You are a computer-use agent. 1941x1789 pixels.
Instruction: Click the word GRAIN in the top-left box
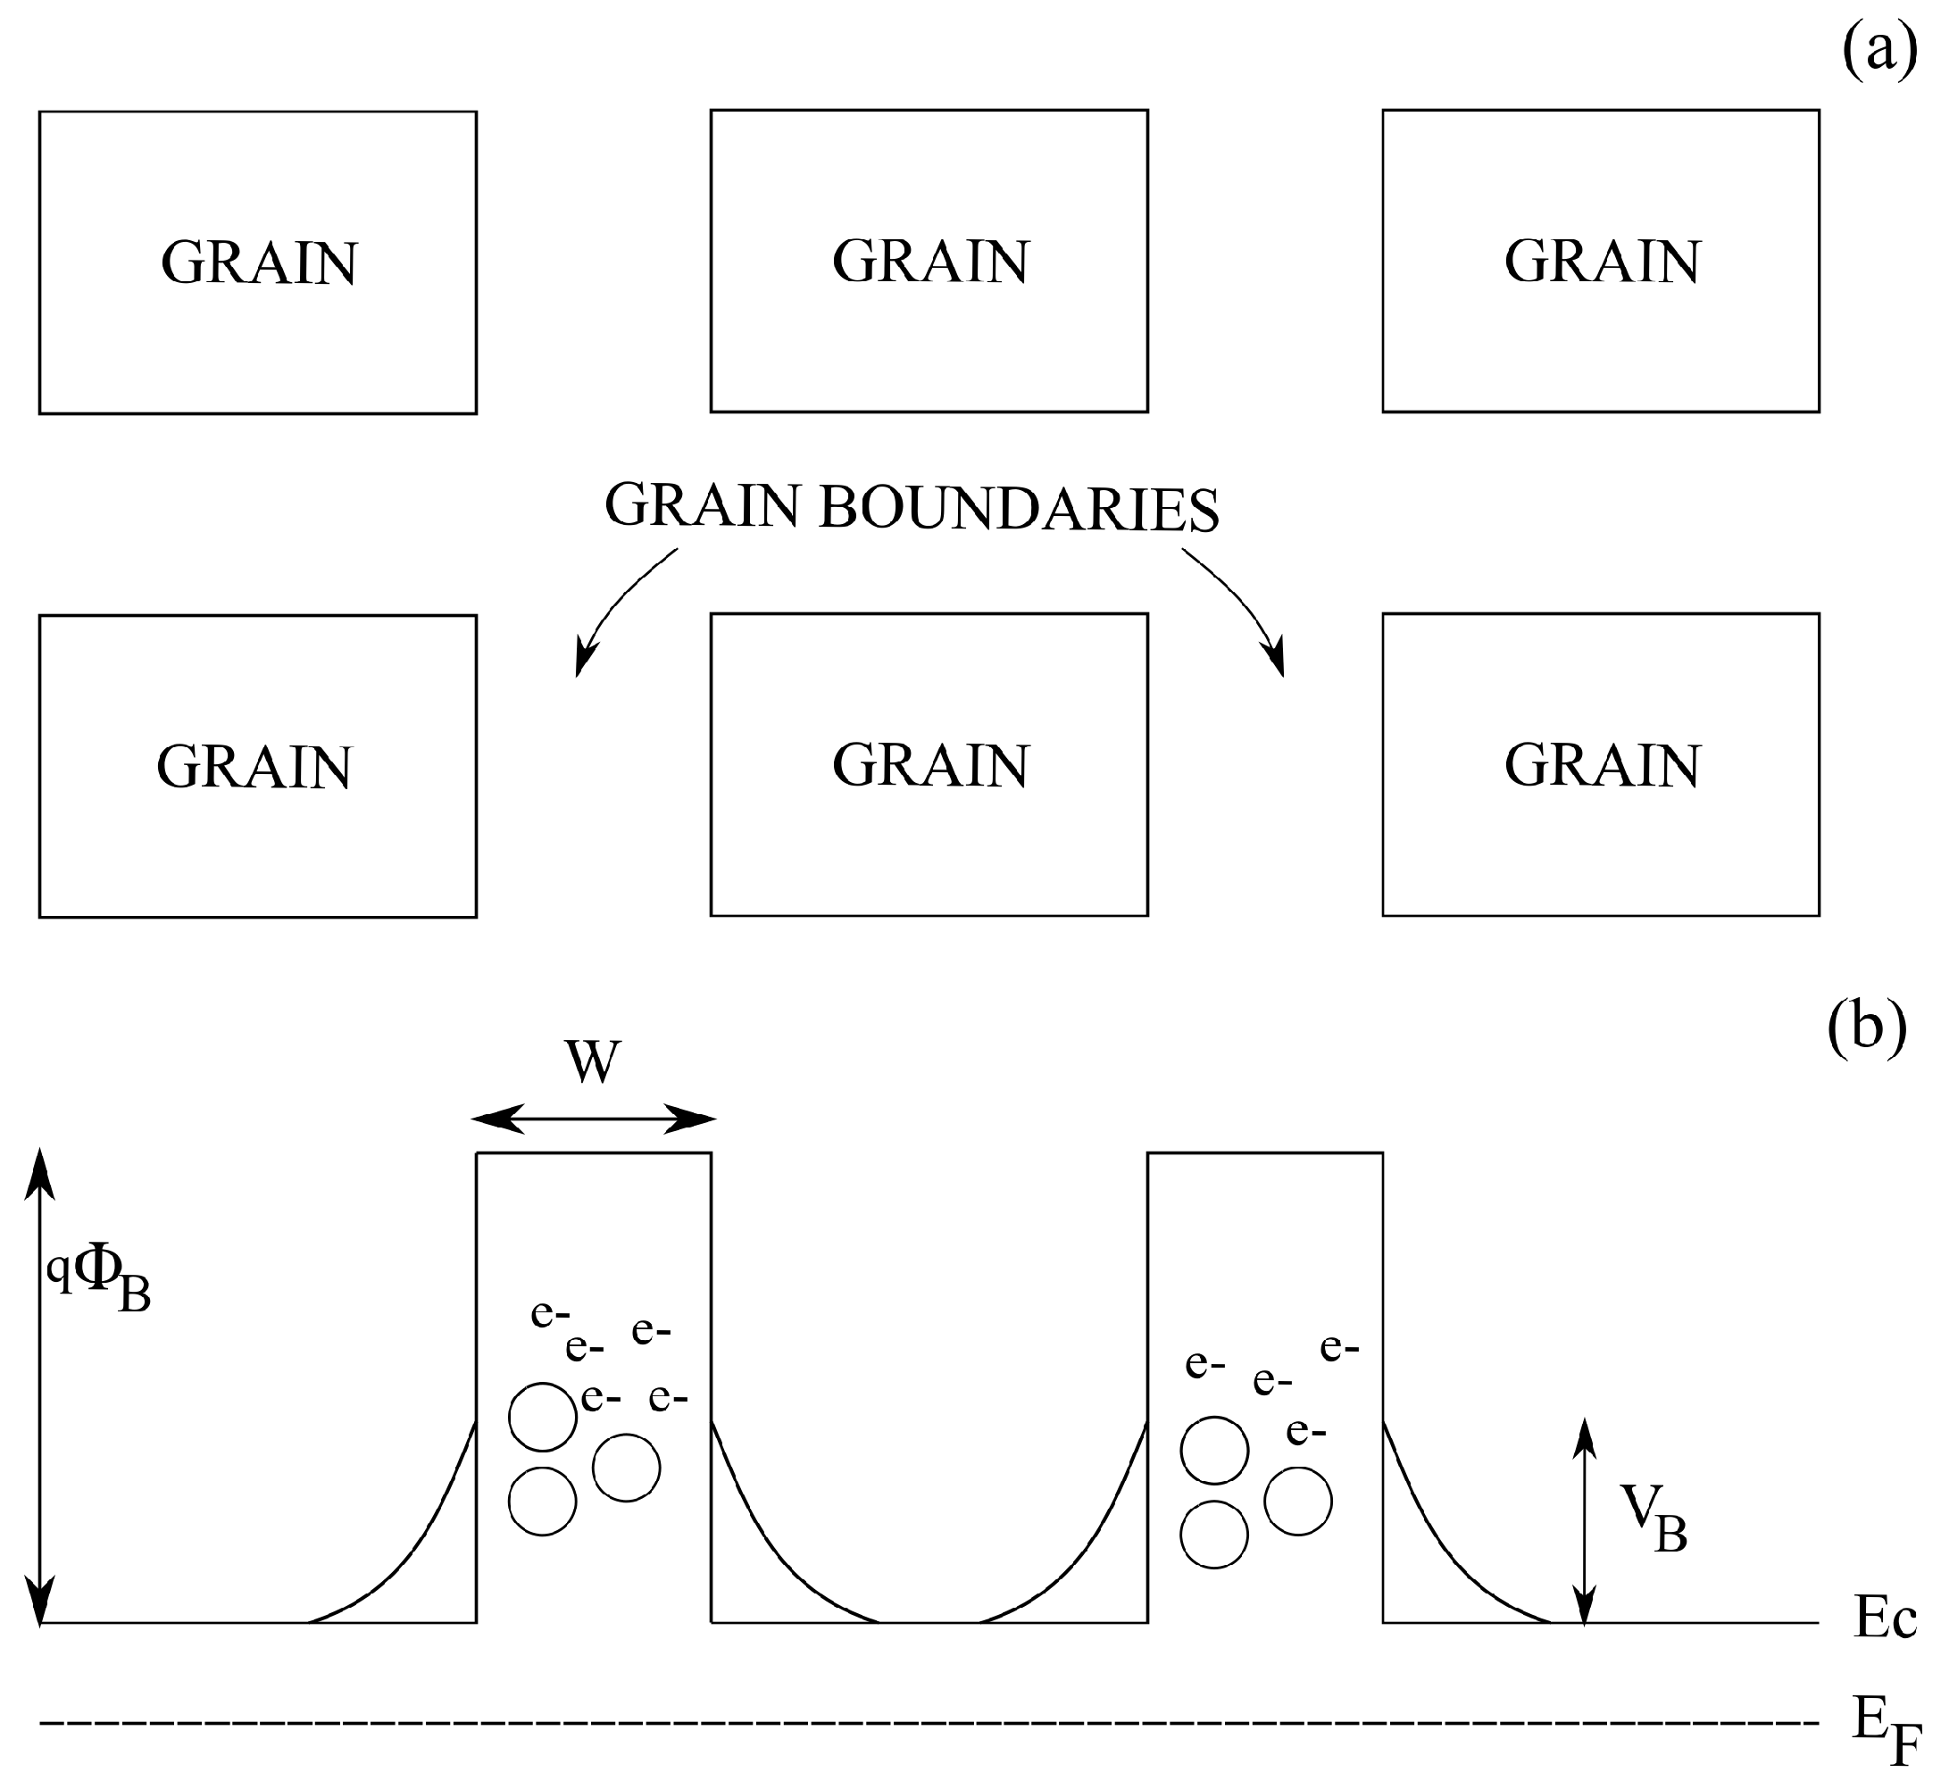[x=260, y=262]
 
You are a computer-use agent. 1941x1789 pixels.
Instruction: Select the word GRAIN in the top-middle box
[x=930, y=262]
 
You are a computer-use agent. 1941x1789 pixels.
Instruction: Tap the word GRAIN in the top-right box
[x=1602, y=262]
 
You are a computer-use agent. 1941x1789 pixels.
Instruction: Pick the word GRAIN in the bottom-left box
[x=254, y=767]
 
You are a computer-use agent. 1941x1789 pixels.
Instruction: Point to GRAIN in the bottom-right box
[x=1602, y=766]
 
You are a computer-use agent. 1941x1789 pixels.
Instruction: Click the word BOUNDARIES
[x=1019, y=508]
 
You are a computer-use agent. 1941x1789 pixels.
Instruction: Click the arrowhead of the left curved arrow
[x=582, y=659]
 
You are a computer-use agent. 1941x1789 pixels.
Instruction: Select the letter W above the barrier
[x=593, y=1062]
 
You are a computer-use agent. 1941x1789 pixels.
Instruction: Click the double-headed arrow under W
[x=594, y=1118]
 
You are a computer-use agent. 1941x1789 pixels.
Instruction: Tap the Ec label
[x=1884, y=1617]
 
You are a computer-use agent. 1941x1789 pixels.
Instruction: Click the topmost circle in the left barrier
[x=542, y=1416]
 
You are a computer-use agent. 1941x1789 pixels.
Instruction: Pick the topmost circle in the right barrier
[x=1214, y=1449]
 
